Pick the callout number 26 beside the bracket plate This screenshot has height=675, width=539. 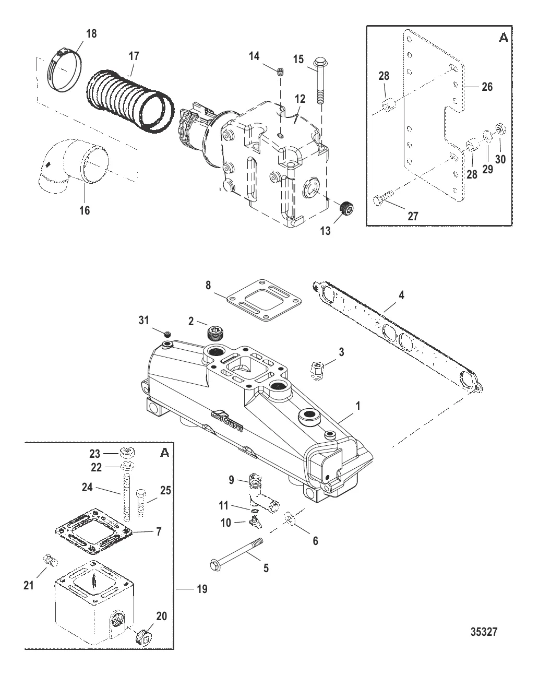pos(486,87)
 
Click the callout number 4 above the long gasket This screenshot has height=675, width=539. pos(401,296)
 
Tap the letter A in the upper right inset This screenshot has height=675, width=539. pos(503,38)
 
